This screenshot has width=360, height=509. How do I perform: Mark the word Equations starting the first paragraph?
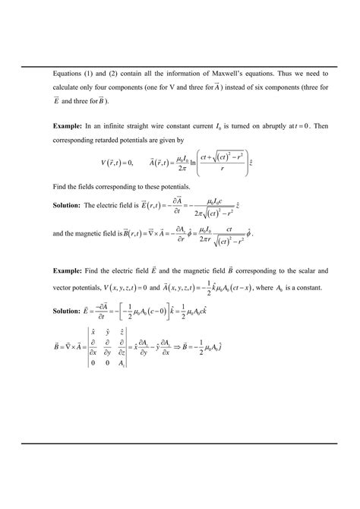click(x=69, y=74)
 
